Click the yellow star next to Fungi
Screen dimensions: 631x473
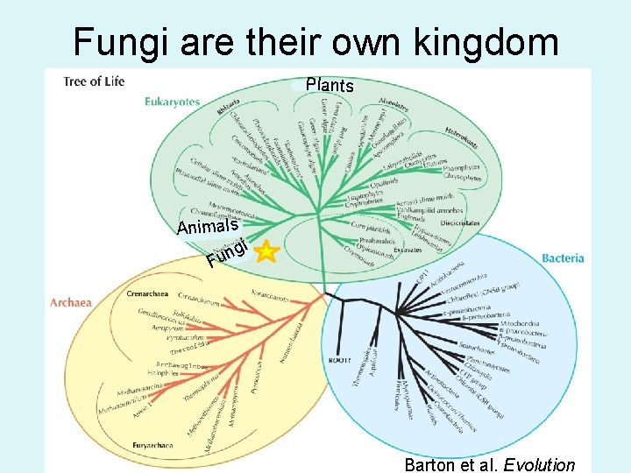267,252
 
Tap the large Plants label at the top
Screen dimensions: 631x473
330,86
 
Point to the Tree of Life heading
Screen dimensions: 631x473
94,82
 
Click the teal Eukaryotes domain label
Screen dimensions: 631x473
173,102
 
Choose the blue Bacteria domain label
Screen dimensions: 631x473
563,258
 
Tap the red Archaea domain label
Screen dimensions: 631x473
71,303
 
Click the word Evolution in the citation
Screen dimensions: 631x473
542,465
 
